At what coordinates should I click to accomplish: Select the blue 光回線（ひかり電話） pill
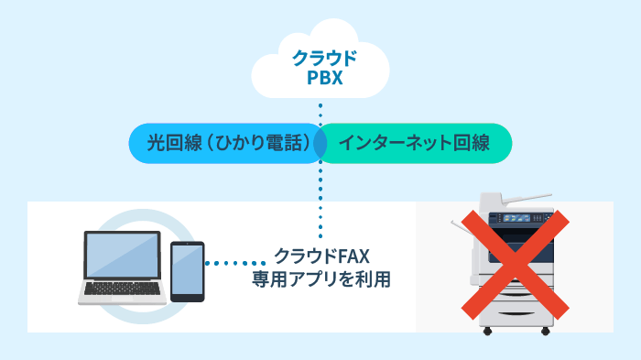pyautogui.click(x=224, y=143)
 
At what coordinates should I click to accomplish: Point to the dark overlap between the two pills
pyautogui.click(x=320, y=143)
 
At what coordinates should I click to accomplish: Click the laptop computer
pyautogui.click(x=125, y=266)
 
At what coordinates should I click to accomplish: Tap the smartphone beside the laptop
pyautogui.click(x=188, y=271)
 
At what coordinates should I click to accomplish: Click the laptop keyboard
pyautogui.click(x=125, y=290)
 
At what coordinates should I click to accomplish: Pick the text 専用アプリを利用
pyautogui.click(x=320, y=278)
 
